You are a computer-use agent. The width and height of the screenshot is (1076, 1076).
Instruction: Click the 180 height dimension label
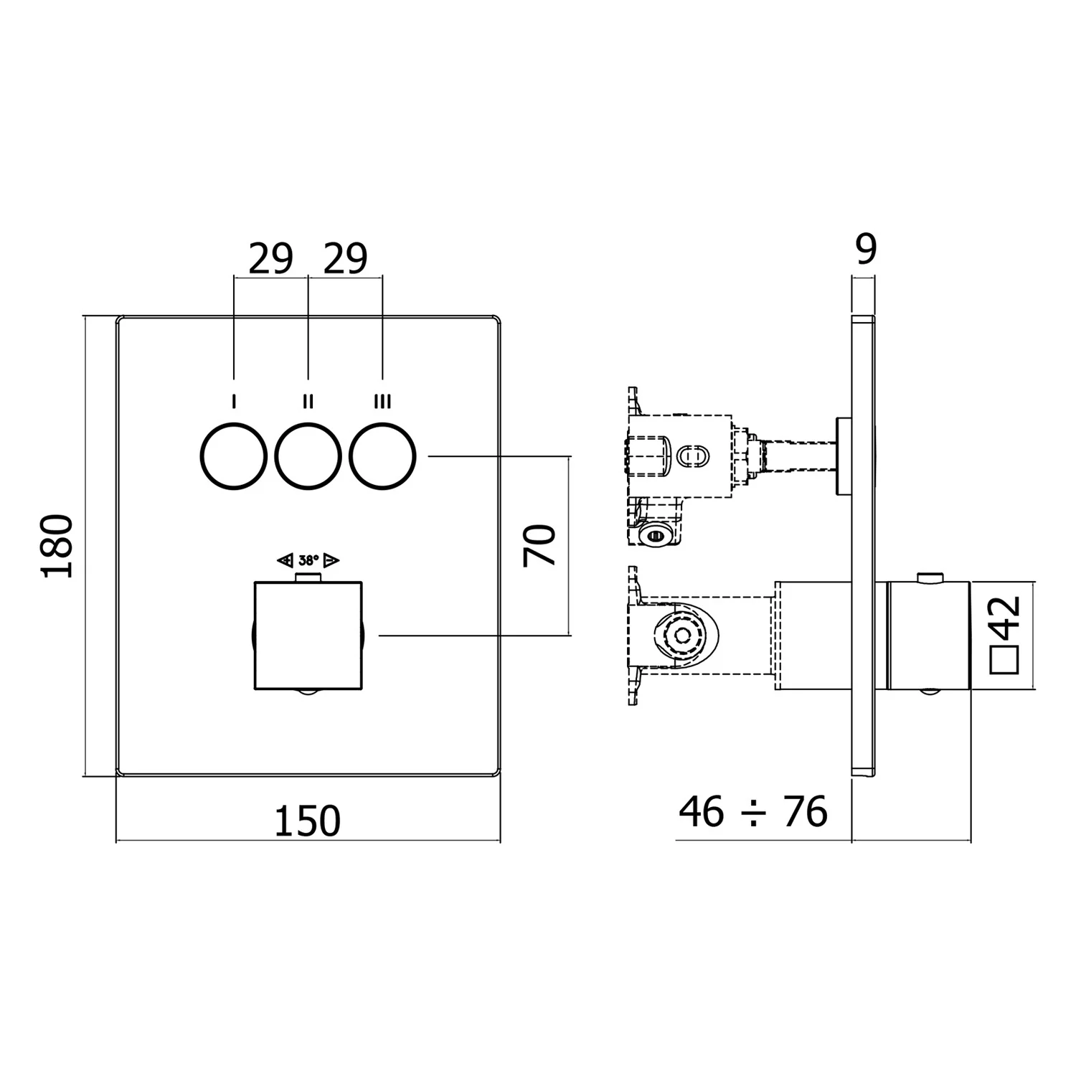[57, 545]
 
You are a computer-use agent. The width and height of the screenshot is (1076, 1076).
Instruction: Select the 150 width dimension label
[308, 821]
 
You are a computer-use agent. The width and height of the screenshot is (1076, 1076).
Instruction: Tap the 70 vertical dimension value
[539, 545]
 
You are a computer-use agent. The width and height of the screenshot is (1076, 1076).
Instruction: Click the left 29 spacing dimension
[270, 259]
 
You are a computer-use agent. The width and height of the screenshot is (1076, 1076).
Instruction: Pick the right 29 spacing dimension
[345, 259]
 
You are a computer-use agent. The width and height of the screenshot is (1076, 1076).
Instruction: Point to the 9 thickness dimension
[866, 250]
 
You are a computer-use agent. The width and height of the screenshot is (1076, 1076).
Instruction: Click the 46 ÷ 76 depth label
[752, 812]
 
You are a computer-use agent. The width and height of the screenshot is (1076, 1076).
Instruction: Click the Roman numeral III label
[382, 402]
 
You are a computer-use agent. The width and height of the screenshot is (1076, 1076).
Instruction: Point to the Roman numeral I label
[233, 402]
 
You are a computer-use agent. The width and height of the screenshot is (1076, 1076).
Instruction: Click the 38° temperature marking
[308, 560]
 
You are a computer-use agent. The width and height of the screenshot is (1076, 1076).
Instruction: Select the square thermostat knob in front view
[308, 636]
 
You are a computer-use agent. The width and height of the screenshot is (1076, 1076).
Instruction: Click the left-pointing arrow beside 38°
[285, 560]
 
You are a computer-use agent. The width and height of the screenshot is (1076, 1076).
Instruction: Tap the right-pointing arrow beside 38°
[331, 560]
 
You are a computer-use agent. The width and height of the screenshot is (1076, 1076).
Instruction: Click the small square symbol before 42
[1004, 659]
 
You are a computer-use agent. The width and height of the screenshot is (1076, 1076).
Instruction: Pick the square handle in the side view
[928, 636]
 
